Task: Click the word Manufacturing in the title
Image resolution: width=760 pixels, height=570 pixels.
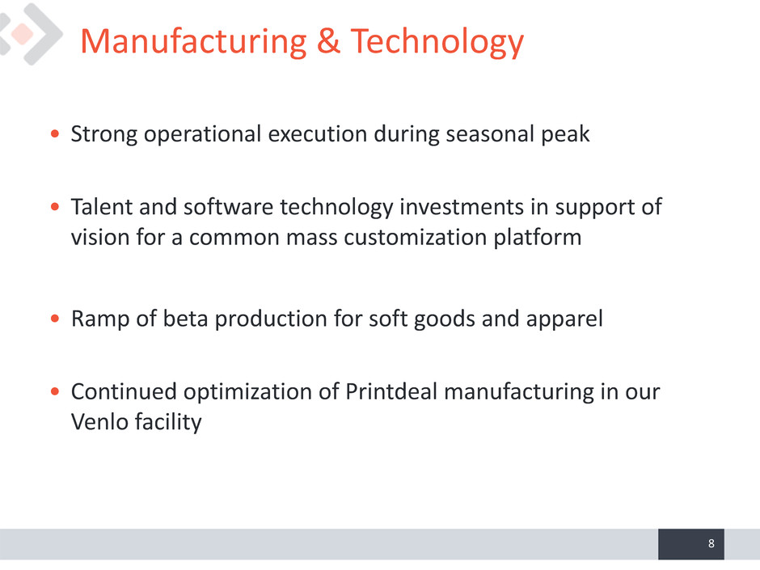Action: [193, 42]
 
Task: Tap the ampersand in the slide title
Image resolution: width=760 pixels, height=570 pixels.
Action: [328, 40]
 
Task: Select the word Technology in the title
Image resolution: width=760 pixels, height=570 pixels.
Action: [437, 42]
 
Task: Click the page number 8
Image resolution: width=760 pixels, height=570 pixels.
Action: [711, 543]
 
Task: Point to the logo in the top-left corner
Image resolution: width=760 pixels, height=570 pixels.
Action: [30, 34]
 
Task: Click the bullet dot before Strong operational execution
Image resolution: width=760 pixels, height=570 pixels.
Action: [55, 133]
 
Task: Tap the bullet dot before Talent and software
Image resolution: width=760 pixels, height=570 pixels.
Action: [55, 207]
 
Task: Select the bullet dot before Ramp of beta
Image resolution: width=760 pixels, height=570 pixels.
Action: [55, 319]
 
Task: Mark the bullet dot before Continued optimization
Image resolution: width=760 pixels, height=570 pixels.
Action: [55, 391]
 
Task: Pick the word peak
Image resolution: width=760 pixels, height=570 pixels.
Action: [565, 134]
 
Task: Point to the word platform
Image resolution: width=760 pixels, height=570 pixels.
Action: [537, 238]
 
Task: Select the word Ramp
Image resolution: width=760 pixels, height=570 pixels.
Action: [100, 319]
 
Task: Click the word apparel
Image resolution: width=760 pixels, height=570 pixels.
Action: [564, 319]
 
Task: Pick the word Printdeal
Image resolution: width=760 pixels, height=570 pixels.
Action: [391, 391]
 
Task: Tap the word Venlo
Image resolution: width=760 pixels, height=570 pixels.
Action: [99, 422]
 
